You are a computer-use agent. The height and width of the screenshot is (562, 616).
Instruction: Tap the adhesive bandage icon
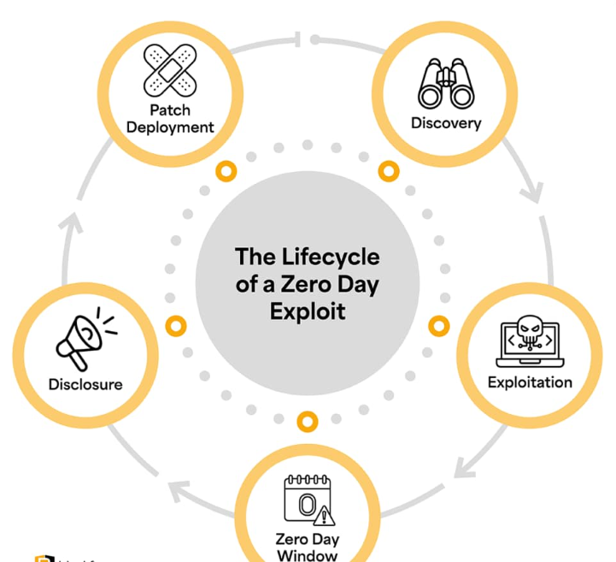click(168, 70)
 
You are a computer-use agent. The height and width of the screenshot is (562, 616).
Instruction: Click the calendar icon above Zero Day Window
click(306, 501)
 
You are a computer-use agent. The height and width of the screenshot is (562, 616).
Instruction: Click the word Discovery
click(446, 123)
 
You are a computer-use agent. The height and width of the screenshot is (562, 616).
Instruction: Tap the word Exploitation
click(530, 382)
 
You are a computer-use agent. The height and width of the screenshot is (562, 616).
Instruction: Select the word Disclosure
click(85, 384)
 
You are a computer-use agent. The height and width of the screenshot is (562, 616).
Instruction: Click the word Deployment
click(170, 127)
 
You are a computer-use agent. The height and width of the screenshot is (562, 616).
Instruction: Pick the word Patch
click(170, 110)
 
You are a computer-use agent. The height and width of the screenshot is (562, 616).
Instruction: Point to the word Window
click(307, 555)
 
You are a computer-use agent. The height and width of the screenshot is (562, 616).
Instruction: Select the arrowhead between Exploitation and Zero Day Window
click(466, 465)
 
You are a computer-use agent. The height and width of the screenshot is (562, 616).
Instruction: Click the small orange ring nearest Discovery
click(389, 172)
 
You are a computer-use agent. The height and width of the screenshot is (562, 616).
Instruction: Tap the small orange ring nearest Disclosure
click(176, 326)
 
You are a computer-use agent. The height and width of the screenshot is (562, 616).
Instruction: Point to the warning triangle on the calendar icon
click(325, 517)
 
